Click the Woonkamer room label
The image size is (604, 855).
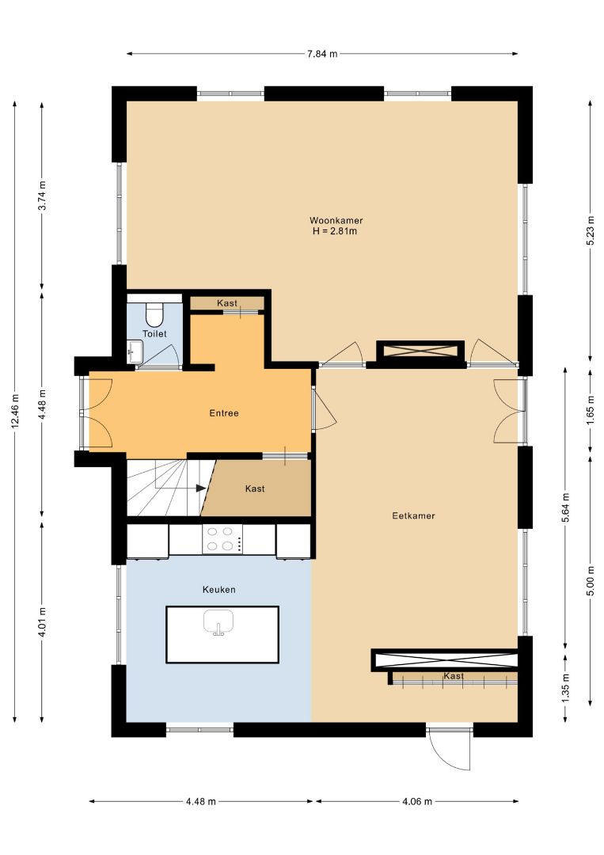click(x=336, y=220)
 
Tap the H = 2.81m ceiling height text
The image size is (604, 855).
click(x=335, y=231)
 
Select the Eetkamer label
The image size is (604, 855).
click(x=413, y=515)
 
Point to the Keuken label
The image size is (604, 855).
click(x=219, y=590)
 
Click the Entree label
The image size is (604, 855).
click(x=224, y=413)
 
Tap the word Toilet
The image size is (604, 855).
click(x=155, y=334)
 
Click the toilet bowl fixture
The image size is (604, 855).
click(x=154, y=313)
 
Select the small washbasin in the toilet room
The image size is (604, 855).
click(x=135, y=351)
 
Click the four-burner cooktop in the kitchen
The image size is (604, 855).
click(x=222, y=539)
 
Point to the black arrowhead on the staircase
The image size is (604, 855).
click(x=201, y=488)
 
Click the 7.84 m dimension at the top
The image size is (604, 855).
click(x=322, y=54)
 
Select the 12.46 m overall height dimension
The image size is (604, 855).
click(x=15, y=411)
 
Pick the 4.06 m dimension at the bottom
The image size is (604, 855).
click(x=417, y=801)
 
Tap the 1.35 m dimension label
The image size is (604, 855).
click(x=565, y=688)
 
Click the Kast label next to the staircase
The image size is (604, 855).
click(x=255, y=488)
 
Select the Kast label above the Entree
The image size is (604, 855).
click(x=226, y=302)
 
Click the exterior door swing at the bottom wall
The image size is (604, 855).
click(x=449, y=750)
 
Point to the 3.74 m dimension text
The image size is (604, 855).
click(x=43, y=196)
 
